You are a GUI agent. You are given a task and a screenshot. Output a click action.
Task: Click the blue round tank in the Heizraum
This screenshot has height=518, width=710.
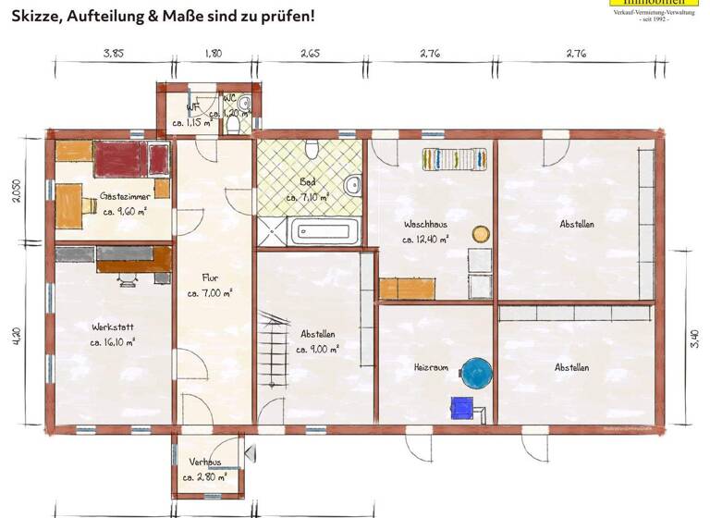476,373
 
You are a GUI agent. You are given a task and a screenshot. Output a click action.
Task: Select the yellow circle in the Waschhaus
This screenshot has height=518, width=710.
481,234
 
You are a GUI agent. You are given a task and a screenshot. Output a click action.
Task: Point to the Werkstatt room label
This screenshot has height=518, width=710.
111,327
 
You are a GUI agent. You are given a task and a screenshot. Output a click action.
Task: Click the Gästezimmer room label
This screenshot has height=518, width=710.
125,196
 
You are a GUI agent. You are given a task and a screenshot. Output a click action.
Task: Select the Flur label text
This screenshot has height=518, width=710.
211,277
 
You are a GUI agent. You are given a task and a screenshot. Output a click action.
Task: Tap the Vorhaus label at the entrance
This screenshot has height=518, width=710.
205,462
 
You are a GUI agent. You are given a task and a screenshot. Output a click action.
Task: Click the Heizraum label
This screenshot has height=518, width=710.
431,367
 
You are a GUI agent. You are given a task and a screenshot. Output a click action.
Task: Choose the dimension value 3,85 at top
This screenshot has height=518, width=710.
113,54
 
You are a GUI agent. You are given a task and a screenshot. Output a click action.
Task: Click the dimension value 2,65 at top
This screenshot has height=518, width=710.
310,54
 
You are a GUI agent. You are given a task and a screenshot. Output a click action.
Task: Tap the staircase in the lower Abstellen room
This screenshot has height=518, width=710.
273,350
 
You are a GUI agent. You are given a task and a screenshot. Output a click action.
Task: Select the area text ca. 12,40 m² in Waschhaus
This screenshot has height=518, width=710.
425,239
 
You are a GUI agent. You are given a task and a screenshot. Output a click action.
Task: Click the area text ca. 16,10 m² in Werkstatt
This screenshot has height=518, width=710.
113,342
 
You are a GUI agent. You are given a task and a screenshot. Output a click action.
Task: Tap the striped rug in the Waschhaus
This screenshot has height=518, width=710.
454,159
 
